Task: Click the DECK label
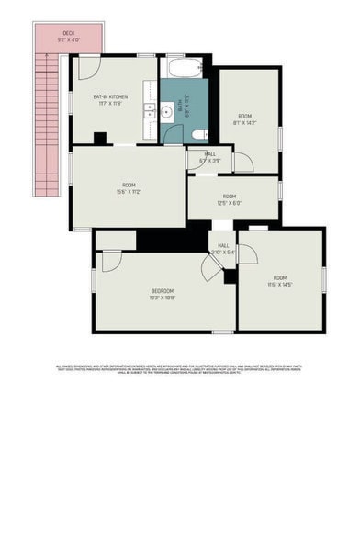[56, 36]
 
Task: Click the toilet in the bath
[198, 134]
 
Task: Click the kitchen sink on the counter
[149, 114]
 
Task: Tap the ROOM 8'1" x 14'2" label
[244, 118]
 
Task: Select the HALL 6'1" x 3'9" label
[210, 157]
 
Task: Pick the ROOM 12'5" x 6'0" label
[229, 199]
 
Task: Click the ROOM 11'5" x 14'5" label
[279, 280]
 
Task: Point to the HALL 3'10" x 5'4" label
[223, 249]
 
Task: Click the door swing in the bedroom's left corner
[110, 260]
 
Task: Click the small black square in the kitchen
[98, 139]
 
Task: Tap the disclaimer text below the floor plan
[180, 369]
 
